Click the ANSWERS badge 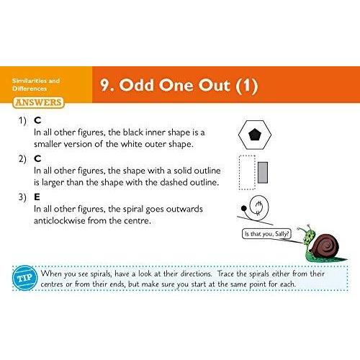pos(38,102)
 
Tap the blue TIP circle pos(25,278)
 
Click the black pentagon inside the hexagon pos(255,135)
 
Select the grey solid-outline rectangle pos(263,173)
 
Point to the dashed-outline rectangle pos(247,173)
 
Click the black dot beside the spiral pos(244,208)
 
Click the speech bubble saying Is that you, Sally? pos(266,234)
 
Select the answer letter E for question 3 pos(37,197)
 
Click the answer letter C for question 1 pos(37,120)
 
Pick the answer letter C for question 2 pos(37,158)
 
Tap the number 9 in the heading pos(105,85)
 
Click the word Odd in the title pos(137,85)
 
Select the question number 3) pos(22,197)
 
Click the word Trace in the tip pos(226,274)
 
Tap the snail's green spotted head pos(309,235)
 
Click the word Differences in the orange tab pos(30,89)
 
